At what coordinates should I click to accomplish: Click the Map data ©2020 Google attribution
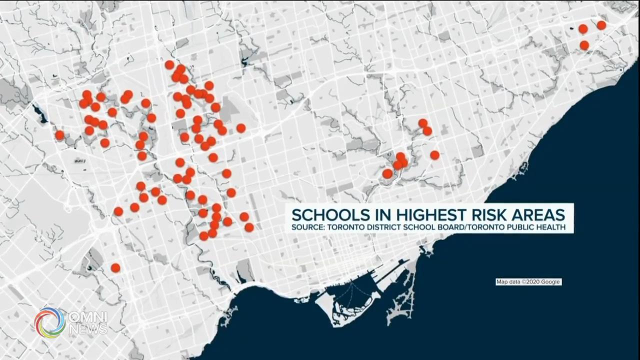(528, 282)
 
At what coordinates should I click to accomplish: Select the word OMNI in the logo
(88, 317)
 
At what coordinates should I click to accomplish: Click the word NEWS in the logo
(88, 329)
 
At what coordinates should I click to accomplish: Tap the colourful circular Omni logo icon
(50, 322)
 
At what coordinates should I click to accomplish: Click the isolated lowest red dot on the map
(115, 268)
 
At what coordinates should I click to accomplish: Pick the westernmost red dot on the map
(59, 135)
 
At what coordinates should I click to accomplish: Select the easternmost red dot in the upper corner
(601, 25)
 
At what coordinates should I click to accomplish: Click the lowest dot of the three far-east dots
(584, 45)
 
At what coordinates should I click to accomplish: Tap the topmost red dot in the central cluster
(169, 64)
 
